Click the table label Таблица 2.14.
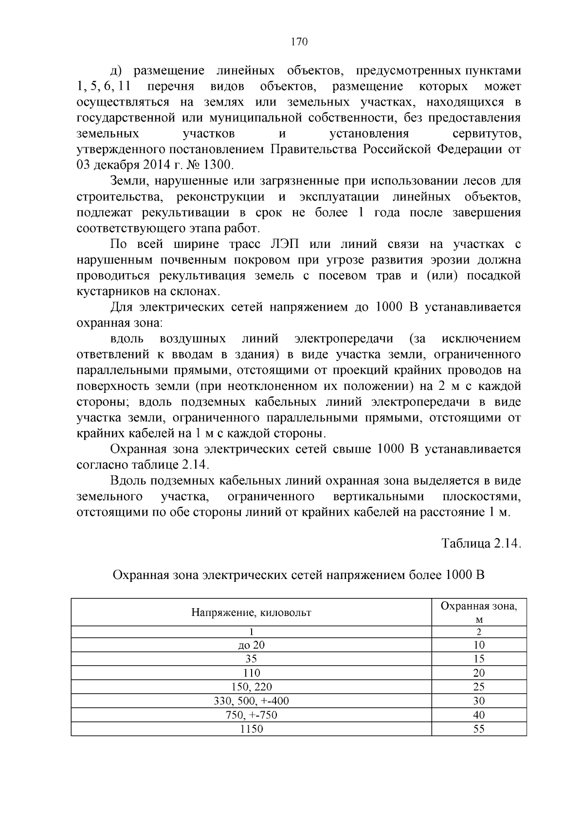481,543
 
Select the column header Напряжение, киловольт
251,613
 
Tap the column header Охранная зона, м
479,613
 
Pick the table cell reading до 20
251,645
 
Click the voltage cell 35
251,659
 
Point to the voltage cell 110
251,673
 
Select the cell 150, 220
251,687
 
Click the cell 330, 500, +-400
251,701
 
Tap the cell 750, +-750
251,715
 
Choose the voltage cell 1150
251,729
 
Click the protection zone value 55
479,729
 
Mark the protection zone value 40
479,715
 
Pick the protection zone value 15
479,659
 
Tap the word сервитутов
487,134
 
